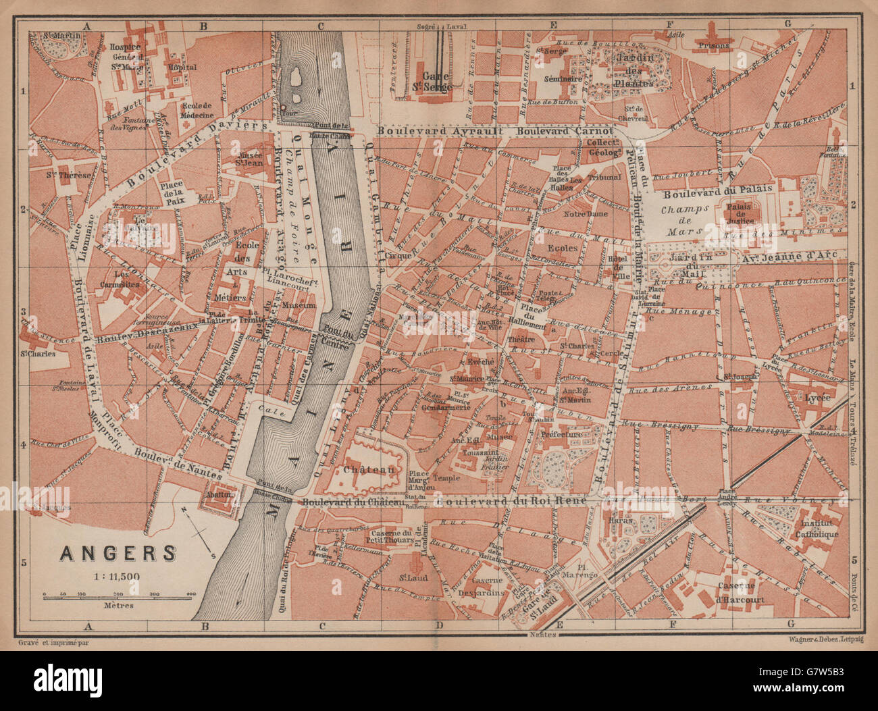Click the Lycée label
coord(817,398)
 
